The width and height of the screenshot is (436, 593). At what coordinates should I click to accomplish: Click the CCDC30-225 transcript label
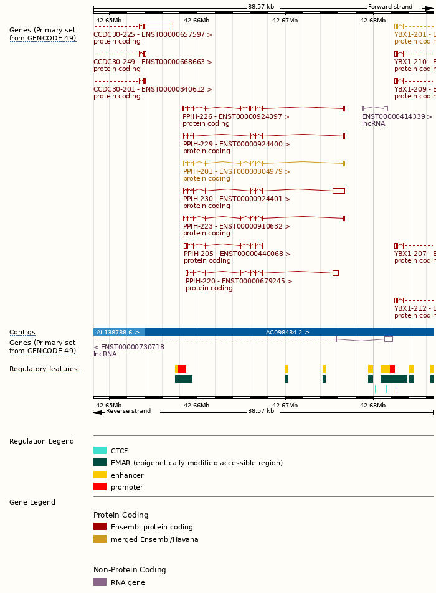pyautogui.click(x=153, y=35)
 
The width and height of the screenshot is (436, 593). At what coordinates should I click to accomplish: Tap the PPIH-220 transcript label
pyautogui.click(x=239, y=282)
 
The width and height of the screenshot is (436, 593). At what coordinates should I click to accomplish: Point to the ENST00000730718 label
pyautogui.click(x=129, y=348)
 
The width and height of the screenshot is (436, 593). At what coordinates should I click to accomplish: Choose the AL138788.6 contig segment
pyautogui.click(x=119, y=333)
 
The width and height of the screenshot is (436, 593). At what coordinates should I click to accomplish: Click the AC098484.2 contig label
pyautogui.click(x=287, y=333)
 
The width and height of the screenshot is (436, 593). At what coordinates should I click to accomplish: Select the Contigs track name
pyautogui.click(x=22, y=333)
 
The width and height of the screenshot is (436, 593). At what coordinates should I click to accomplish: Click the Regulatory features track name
pyautogui.click(x=44, y=369)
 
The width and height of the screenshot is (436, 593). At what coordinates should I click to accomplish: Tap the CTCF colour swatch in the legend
pyautogui.click(x=100, y=451)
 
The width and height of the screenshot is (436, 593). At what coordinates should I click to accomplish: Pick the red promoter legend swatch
pyautogui.click(x=100, y=487)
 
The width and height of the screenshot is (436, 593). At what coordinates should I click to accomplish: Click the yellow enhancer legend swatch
pyautogui.click(x=100, y=475)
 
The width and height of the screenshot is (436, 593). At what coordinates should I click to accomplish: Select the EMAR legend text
pyautogui.click(x=196, y=463)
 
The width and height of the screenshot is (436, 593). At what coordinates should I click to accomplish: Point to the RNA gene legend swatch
pyautogui.click(x=100, y=582)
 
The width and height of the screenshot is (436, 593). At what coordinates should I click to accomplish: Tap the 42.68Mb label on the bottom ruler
pyautogui.click(x=372, y=405)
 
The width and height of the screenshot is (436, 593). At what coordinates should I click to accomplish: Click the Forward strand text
pyautogui.click(x=390, y=7)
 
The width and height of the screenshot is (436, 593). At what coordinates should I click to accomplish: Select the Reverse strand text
pyautogui.click(x=128, y=411)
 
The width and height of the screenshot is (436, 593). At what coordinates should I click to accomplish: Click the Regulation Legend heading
pyautogui.click(x=42, y=442)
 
